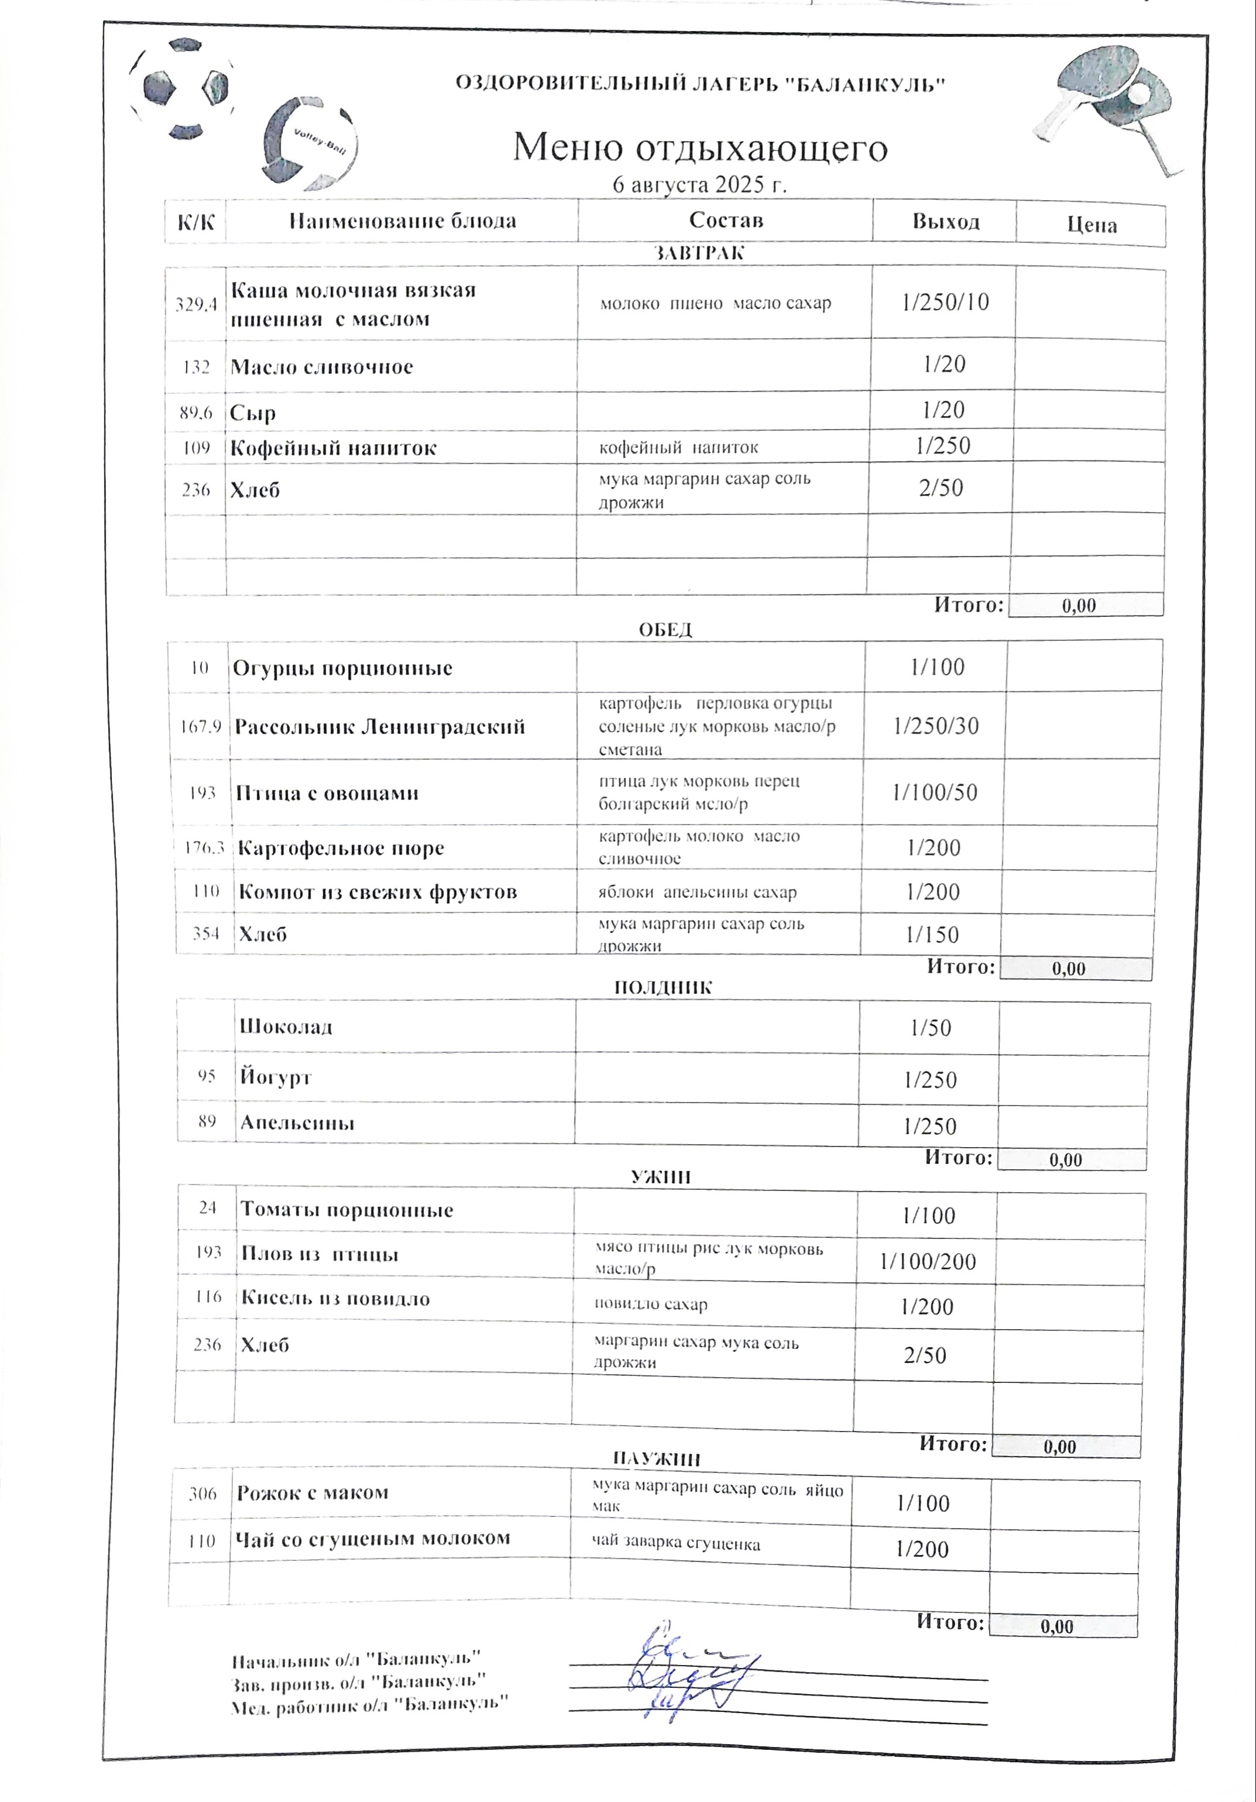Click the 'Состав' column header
tap(725, 221)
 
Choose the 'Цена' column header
tap(1091, 225)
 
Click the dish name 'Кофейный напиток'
tap(333, 449)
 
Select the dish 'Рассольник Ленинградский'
tap(380, 727)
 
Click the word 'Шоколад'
tap(286, 1027)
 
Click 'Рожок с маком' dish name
tap(313, 1492)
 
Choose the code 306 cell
tap(203, 1494)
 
